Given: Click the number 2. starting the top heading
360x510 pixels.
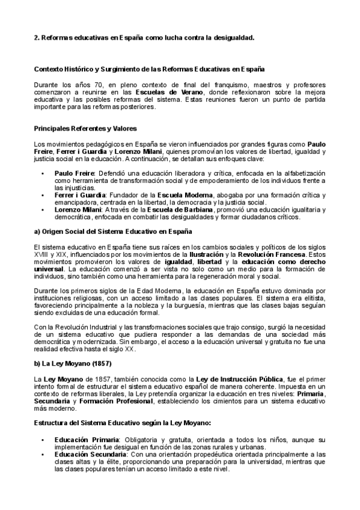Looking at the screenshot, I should coord(36,37).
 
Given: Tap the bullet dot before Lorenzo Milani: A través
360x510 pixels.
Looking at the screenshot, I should coord(43,209).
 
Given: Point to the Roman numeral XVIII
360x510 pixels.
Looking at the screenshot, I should coord(42,254).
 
